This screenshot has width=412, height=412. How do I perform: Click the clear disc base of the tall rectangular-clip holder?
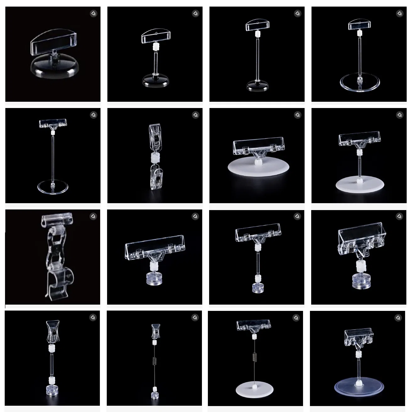(52, 188)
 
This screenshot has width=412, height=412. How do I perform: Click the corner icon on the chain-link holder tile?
(93, 216)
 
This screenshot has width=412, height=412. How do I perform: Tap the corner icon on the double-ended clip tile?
(195, 115)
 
